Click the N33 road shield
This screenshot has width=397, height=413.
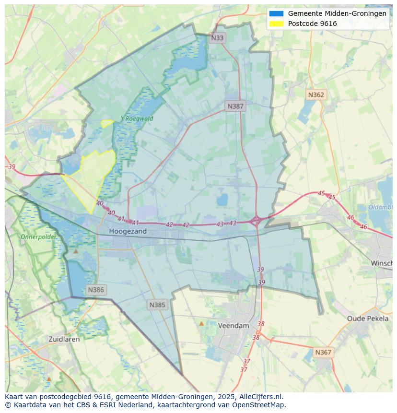click(x=217, y=38)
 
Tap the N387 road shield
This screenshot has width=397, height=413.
click(x=235, y=106)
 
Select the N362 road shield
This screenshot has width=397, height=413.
click(x=316, y=94)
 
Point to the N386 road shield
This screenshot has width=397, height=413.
click(x=96, y=290)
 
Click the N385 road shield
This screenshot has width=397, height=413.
click(x=157, y=305)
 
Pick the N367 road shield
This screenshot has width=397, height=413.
click(x=323, y=352)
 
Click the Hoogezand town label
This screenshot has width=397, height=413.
click(x=128, y=231)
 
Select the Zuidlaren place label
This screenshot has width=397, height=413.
click(x=64, y=339)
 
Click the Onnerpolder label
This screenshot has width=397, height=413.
click(x=38, y=236)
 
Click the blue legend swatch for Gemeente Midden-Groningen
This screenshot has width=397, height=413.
click(x=277, y=13)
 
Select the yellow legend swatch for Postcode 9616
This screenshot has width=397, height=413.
click(x=277, y=24)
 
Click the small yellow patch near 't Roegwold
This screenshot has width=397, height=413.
click(x=107, y=123)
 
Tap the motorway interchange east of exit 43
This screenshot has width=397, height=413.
click(x=256, y=221)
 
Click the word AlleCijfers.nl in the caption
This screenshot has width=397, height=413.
click(x=262, y=397)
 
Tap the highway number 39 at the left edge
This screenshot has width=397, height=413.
click(x=12, y=167)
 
